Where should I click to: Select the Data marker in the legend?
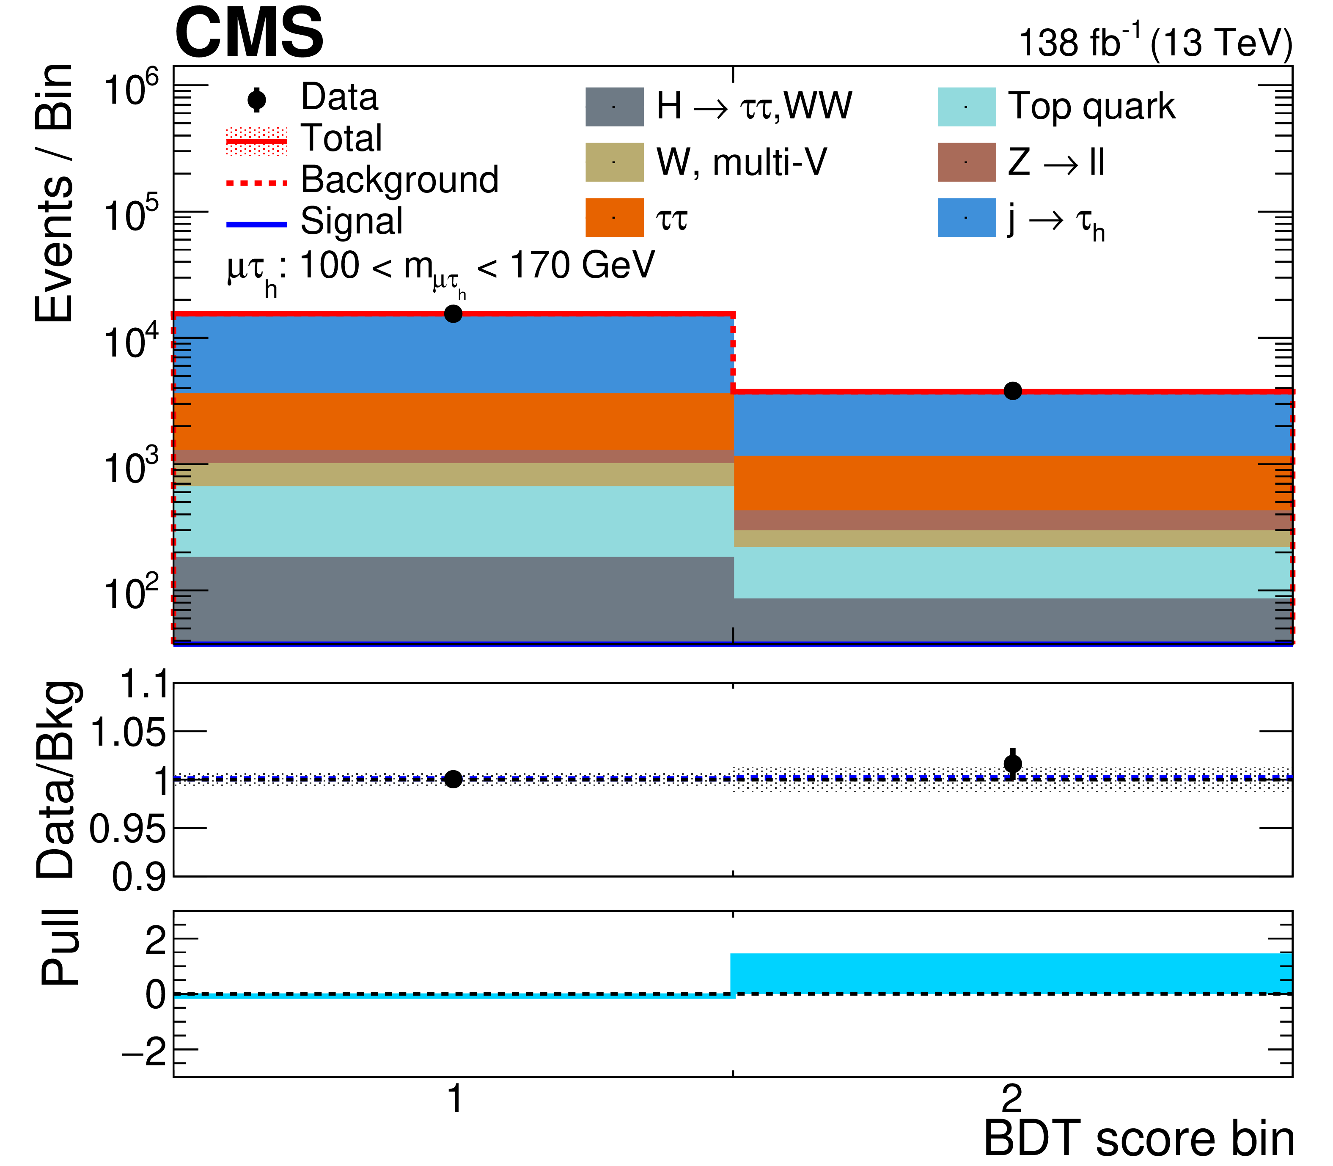pyautogui.click(x=257, y=99)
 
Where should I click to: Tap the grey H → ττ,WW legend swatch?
pyautogui.click(x=614, y=107)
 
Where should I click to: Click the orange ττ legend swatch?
pyautogui.click(x=614, y=217)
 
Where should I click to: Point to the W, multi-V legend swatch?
pyautogui.click(x=614, y=162)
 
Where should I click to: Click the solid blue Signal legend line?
pyautogui.click(x=257, y=225)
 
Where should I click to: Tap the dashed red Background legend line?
pyautogui.click(x=257, y=183)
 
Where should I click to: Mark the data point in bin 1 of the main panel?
pyautogui.click(x=453, y=314)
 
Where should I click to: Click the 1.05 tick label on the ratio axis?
pyautogui.click(x=128, y=733)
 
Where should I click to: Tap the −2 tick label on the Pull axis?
pyautogui.click(x=145, y=1053)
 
